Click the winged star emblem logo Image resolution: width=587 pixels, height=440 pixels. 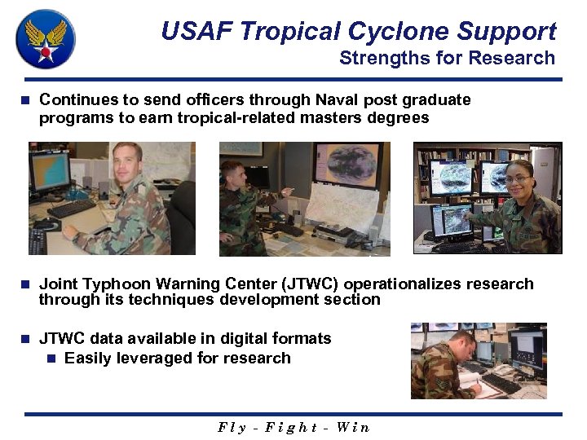46,40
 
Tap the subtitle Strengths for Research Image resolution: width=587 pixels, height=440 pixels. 447,58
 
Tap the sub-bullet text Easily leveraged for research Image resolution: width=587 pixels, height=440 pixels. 177,358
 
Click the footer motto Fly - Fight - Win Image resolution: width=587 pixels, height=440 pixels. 293,427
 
